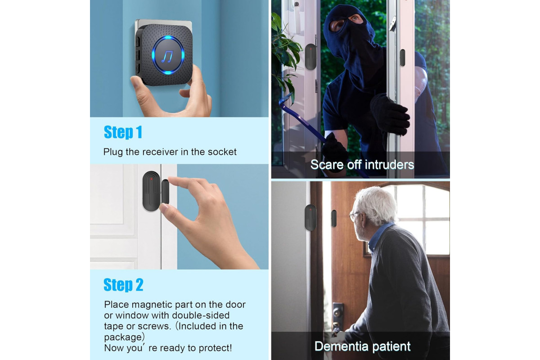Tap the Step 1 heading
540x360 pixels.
[123, 132]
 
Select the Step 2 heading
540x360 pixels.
[123, 285]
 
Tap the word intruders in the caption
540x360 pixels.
[389, 165]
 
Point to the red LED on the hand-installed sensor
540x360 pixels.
[151, 179]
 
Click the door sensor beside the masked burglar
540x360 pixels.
[310, 57]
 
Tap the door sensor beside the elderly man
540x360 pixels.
[310, 217]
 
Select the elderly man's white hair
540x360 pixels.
[377, 204]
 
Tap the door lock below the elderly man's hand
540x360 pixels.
[337, 314]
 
